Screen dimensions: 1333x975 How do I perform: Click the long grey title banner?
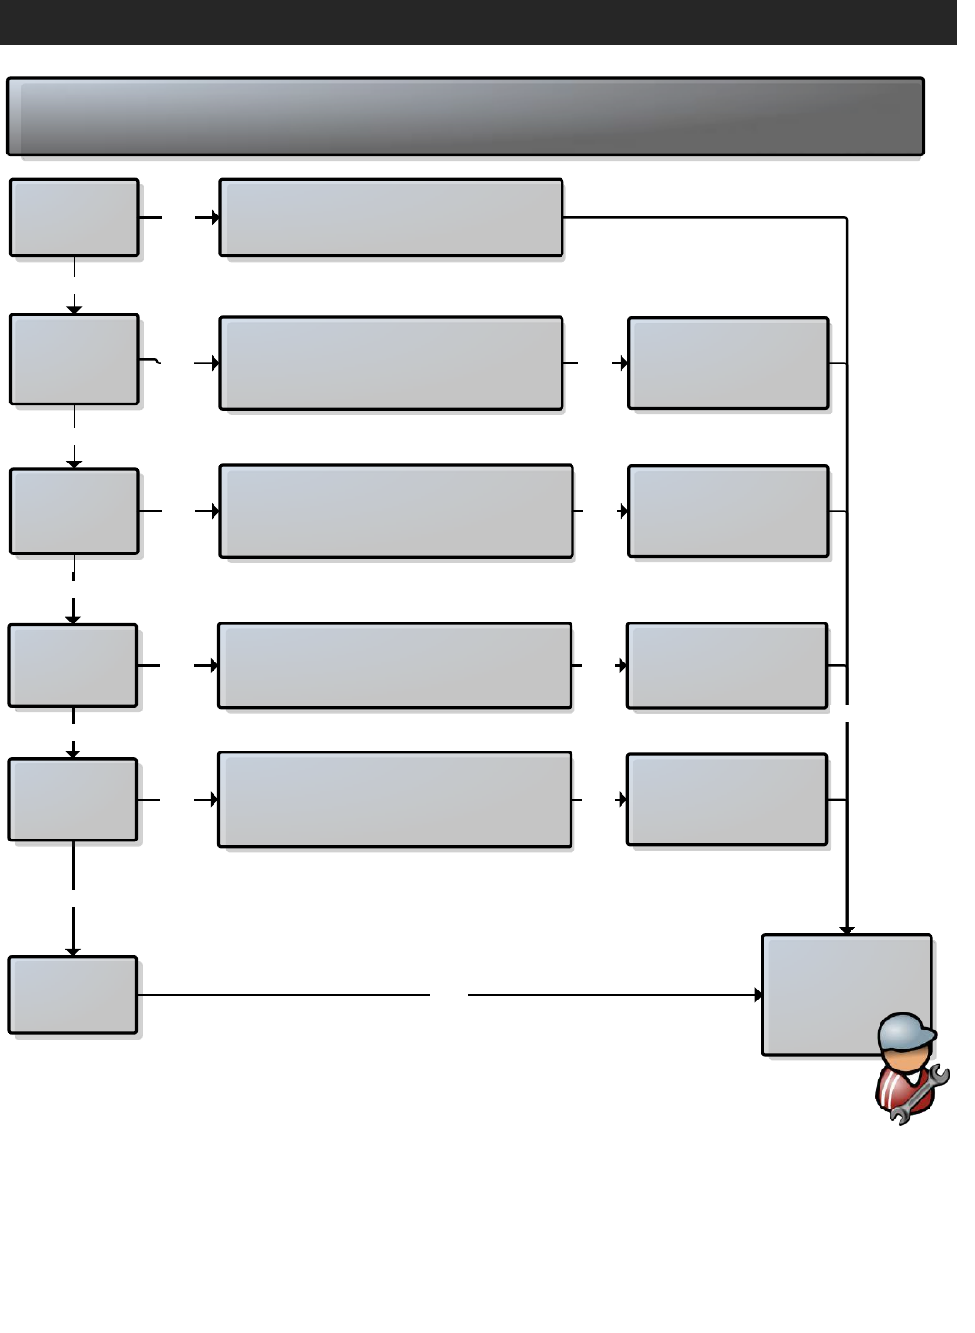coord(465,116)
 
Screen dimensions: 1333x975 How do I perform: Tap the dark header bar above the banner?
coord(478,22)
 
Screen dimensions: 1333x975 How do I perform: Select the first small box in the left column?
coord(75,217)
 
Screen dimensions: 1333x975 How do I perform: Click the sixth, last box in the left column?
coord(73,994)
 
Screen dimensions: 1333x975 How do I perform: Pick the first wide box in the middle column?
coord(391,217)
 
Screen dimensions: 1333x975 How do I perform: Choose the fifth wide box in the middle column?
coord(394,799)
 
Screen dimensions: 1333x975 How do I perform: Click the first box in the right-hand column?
coord(728,363)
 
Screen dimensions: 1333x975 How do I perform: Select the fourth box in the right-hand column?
coord(727,799)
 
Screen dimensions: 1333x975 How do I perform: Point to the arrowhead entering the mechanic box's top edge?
coord(847,930)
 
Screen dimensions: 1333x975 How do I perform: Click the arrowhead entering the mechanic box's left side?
coord(759,995)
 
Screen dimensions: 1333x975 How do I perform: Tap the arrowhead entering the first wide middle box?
coord(215,217)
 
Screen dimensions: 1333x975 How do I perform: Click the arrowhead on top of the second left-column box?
coord(75,310)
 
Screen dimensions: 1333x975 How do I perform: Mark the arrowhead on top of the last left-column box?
coord(73,951)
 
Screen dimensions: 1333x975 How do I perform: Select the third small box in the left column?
coord(75,511)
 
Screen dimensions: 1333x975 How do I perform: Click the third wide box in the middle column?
coord(396,511)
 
